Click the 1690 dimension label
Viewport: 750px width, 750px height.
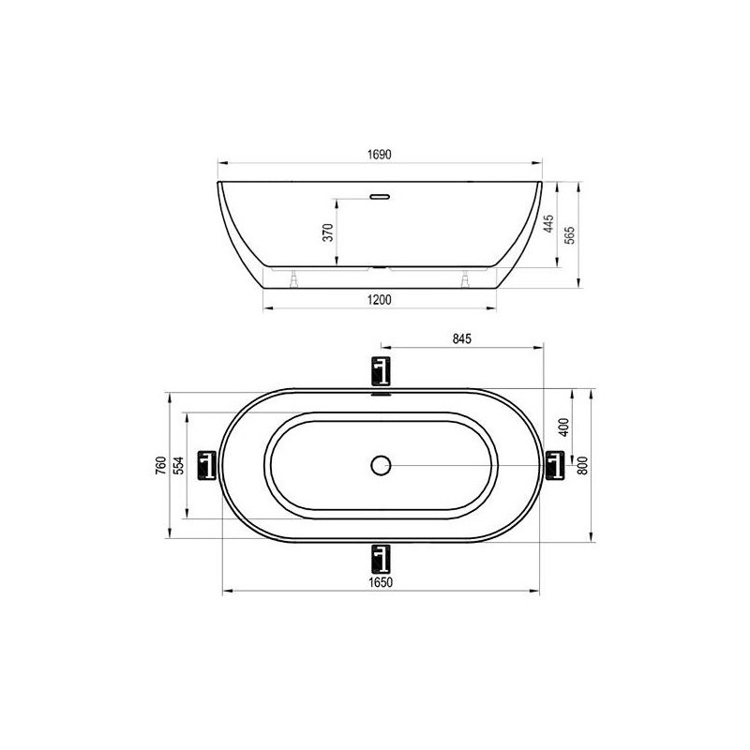(x=380, y=155)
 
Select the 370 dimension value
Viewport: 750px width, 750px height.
(x=327, y=232)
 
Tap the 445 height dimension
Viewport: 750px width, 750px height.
(x=549, y=224)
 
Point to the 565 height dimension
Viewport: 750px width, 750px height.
(x=570, y=235)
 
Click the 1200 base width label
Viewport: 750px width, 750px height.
(x=380, y=300)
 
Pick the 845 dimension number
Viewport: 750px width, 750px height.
(x=461, y=338)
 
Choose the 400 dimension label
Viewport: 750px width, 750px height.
(x=564, y=427)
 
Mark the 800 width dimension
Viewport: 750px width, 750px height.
(x=582, y=465)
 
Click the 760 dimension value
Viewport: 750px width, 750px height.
(x=161, y=465)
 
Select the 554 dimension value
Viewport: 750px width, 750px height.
(x=178, y=465)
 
